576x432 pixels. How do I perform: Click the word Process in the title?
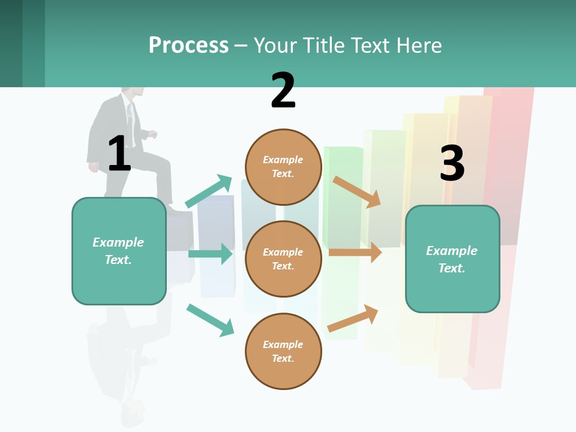188,46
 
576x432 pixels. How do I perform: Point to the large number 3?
452,163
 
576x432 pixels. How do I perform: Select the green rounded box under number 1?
119,251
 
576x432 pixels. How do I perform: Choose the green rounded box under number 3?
452,259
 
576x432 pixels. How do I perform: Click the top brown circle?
283,167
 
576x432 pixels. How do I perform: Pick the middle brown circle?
283,259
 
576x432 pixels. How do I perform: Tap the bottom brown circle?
283,351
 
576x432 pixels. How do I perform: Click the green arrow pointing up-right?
209,191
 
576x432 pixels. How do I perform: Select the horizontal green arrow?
210,254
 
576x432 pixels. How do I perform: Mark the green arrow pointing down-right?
210,320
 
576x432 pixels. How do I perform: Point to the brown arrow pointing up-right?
353,318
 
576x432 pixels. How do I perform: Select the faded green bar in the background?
343,180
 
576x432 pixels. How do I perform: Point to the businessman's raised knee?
160,158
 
